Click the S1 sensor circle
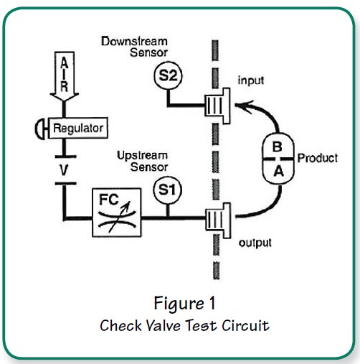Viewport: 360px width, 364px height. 166,191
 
